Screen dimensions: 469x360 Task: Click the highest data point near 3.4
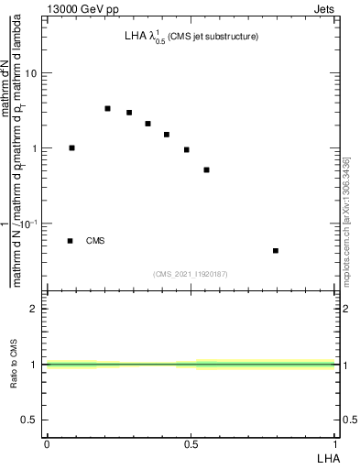click(107, 108)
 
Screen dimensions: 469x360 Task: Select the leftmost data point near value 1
click(71, 147)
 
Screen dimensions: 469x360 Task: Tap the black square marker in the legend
click(70, 241)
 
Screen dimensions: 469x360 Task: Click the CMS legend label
click(95, 241)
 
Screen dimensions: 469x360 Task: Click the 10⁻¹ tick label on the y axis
click(30, 223)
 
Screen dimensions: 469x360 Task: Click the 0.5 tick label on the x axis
click(191, 443)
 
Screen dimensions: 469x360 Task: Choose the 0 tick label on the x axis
click(47, 443)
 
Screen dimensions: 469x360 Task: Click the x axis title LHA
click(327, 456)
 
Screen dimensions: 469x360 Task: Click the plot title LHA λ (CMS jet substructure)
click(191, 38)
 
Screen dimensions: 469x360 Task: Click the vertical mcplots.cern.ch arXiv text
click(346, 220)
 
